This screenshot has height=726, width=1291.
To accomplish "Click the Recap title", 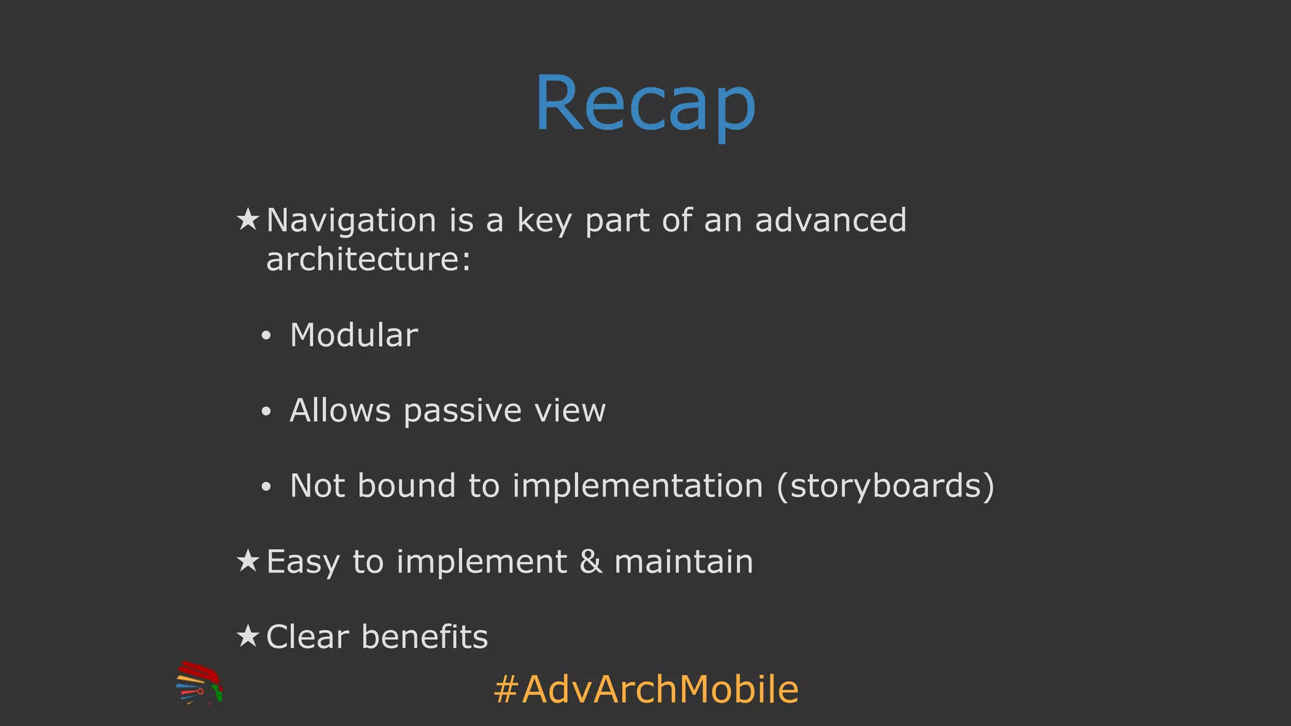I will pyautogui.click(x=645, y=104).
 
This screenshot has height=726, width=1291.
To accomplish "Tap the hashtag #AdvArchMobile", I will pyautogui.click(x=646, y=689).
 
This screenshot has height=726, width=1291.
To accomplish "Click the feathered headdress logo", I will pyautogui.click(x=199, y=683).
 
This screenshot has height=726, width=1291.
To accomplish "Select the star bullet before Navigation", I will pyautogui.click(x=248, y=219).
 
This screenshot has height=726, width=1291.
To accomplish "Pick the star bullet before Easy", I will pyautogui.click(x=248, y=560).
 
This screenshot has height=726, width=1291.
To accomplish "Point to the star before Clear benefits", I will pyautogui.click(x=248, y=636).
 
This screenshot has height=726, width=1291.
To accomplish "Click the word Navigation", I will pyautogui.click(x=351, y=221).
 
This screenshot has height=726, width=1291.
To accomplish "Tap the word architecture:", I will pyautogui.click(x=368, y=259).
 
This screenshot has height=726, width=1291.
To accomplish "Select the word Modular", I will pyautogui.click(x=354, y=335).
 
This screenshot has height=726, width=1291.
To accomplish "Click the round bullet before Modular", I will pyautogui.click(x=266, y=337).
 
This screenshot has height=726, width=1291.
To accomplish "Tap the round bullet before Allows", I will pyautogui.click(x=266, y=412).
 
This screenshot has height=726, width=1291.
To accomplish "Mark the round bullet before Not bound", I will pyautogui.click(x=266, y=487).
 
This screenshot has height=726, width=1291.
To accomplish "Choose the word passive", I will pyautogui.click(x=462, y=412).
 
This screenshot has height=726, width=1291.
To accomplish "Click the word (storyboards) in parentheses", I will pyautogui.click(x=885, y=486).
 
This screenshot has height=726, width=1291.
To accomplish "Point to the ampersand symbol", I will pyautogui.click(x=591, y=561).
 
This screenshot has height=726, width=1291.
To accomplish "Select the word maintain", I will pyautogui.click(x=683, y=561).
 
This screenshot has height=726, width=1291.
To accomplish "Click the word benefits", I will pyautogui.click(x=424, y=637).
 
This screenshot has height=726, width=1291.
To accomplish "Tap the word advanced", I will pyautogui.click(x=830, y=220).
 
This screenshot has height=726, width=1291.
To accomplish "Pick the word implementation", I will pyautogui.click(x=637, y=486).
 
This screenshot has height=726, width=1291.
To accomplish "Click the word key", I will pyautogui.click(x=544, y=221).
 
